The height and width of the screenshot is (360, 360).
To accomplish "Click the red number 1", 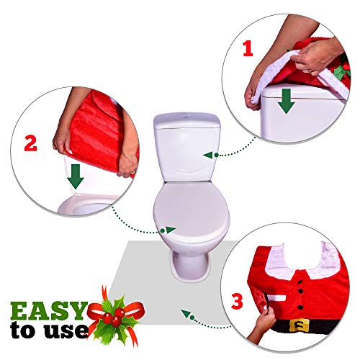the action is click(248, 49).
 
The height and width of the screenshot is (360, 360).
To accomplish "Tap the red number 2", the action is click(31, 143).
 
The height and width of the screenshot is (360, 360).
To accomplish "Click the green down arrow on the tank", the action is click(286, 101).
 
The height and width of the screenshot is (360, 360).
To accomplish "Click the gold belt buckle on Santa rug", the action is click(300, 325).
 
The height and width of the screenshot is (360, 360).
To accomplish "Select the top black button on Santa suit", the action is click(300, 282).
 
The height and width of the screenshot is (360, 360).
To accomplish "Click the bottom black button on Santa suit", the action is click(300, 307).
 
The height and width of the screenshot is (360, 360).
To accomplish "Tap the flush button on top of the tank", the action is click(186, 117).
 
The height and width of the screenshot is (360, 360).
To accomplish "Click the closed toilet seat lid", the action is click(192, 210).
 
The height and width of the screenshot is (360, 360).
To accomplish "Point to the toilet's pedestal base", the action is click(189, 266).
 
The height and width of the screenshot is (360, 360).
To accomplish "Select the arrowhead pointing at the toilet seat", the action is click(171, 230).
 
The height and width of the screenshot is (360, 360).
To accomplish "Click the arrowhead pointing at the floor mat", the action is click(185, 312).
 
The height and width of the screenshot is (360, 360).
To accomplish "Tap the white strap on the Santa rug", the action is click(276, 298).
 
